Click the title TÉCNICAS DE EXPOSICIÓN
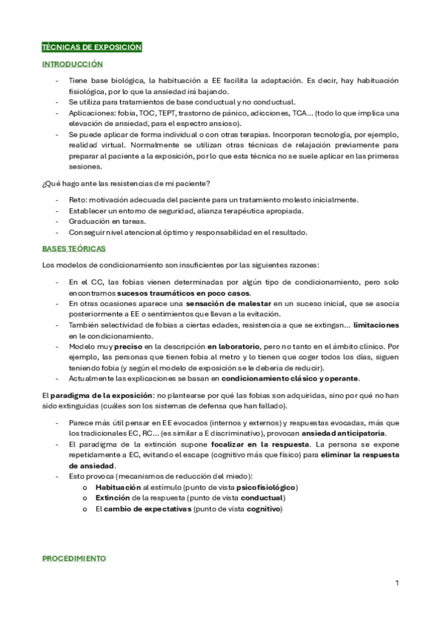(91, 47)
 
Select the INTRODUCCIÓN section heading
(72, 65)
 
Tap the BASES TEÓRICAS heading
(74, 249)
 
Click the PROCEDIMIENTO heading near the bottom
(74, 559)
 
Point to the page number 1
(397, 584)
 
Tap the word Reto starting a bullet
(77, 199)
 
